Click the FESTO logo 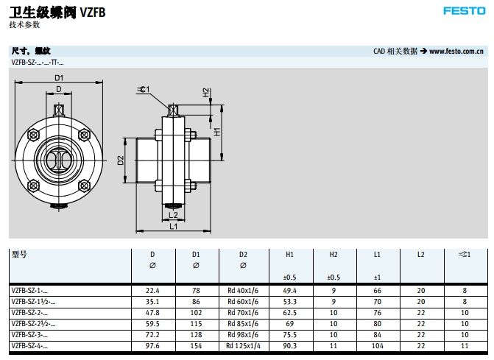click(x=463, y=11)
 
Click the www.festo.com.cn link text click(x=456, y=52)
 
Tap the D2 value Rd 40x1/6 click(x=243, y=291)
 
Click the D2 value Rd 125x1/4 click(x=243, y=345)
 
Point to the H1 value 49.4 click(x=289, y=291)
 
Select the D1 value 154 click(x=196, y=345)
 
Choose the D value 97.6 click(x=152, y=345)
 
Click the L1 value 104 click(x=377, y=345)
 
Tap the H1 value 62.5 click(x=289, y=312)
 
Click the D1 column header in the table click(x=196, y=255)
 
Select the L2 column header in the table click(x=421, y=255)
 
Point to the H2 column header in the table click(x=334, y=255)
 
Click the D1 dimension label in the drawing click(x=59, y=78)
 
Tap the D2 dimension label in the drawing click(x=121, y=160)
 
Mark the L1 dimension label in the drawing click(x=174, y=227)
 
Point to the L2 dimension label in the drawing click(x=174, y=215)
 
